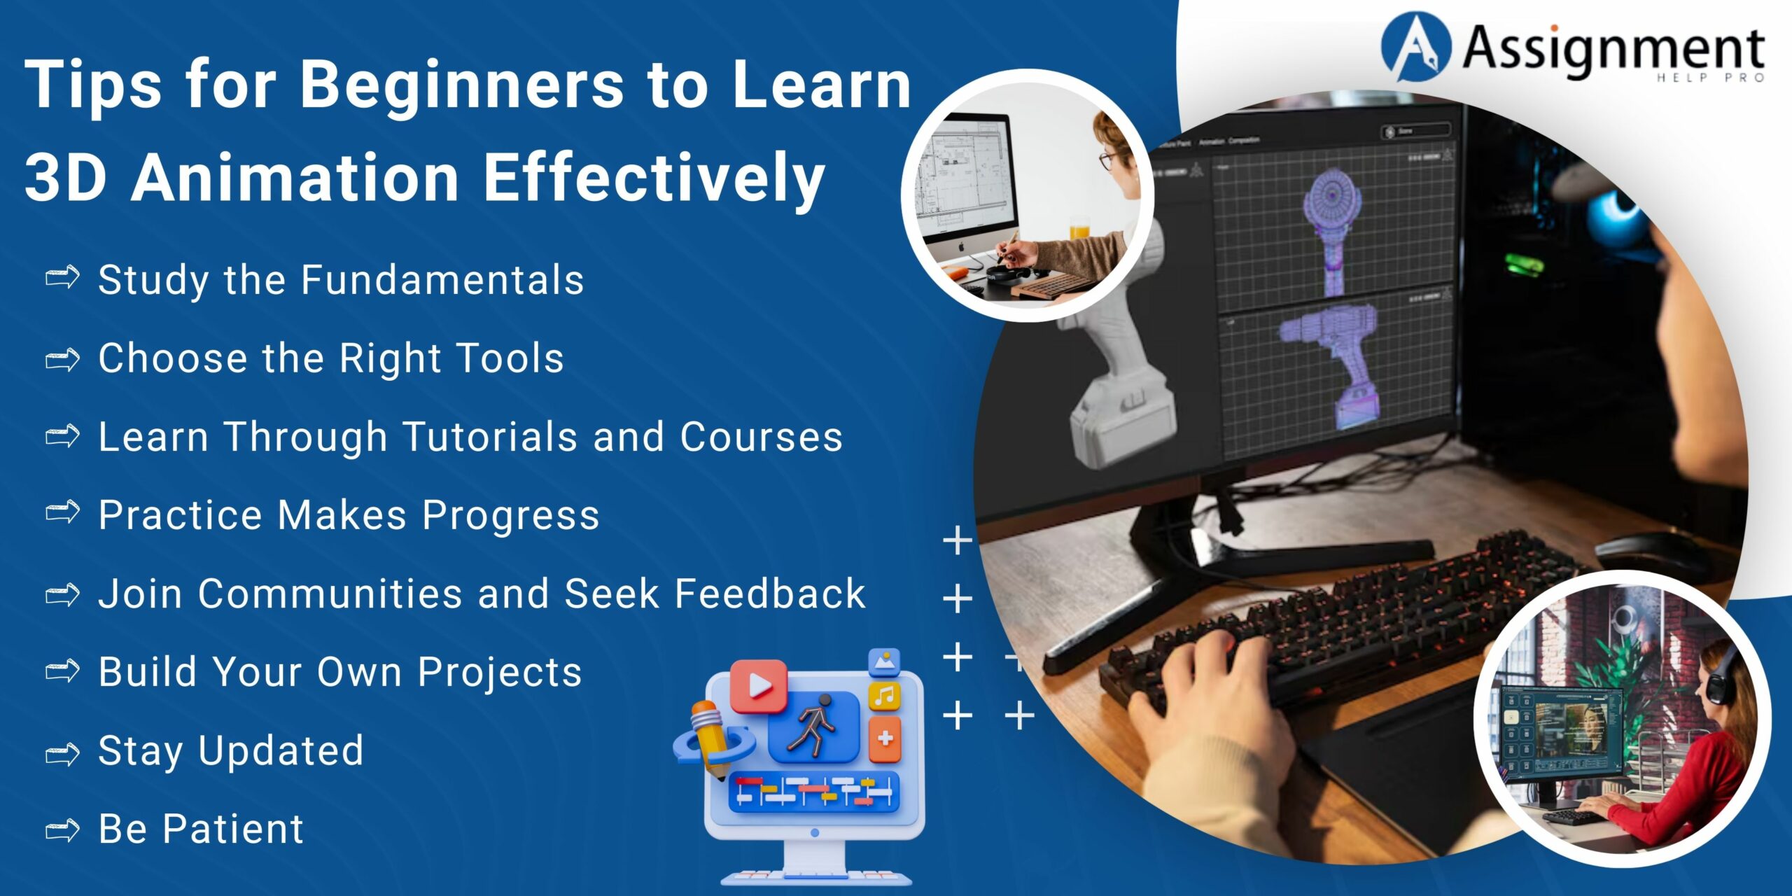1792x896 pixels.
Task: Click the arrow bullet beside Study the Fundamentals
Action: (x=62, y=278)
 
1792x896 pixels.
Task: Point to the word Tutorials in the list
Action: (x=491, y=437)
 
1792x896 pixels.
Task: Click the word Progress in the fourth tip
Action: (x=511, y=517)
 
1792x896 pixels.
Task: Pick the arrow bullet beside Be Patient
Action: (x=62, y=830)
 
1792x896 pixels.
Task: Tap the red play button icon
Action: (x=758, y=686)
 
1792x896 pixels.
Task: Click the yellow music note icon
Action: (x=885, y=696)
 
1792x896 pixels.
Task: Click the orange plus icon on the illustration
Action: (x=885, y=738)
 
